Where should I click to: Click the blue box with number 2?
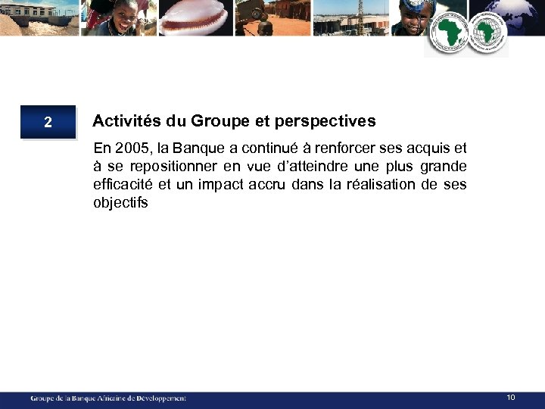pyautogui.click(x=48, y=122)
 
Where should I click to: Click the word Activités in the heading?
pyautogui.click(x=122, y=121)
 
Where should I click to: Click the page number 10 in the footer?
pyautogui.click(x=511, y=398)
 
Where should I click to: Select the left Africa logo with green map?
pyautogui.click(x=450, y=33)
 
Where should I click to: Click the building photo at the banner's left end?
pyautogui.click(x=38, y=17)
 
